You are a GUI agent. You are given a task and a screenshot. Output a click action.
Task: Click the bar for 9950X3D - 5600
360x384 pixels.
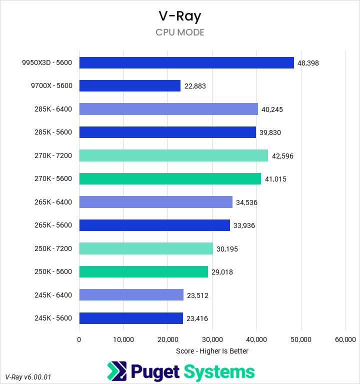tap(186, 62)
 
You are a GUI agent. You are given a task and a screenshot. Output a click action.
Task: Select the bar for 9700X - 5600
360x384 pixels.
tap(130, 86)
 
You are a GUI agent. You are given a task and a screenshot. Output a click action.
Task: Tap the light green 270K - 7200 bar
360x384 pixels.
tap(173, 155)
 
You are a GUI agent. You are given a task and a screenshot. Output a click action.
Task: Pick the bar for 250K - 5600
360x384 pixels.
tap(143, 272)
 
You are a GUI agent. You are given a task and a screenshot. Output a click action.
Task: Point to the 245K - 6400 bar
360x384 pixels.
tap(131, 295)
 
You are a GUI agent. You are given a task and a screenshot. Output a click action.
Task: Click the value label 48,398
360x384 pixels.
tap(308, 63)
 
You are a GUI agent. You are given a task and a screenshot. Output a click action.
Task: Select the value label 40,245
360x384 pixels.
tap(272, 109)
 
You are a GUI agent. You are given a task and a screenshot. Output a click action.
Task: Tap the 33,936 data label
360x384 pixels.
tap(244, 225)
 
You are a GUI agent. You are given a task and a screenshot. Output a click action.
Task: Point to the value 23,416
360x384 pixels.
tap(197, 318)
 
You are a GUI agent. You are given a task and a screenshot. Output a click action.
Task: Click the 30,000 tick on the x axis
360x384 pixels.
tap(212, 339)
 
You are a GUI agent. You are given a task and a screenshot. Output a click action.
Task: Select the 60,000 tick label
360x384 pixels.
tap(345, 339)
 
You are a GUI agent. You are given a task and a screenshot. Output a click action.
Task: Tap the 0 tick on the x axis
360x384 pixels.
tap(79, 339)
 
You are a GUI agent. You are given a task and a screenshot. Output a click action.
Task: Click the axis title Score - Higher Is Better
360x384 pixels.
tap(212, 351)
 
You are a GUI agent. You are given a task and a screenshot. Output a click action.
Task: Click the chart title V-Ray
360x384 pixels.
tap(180, 16)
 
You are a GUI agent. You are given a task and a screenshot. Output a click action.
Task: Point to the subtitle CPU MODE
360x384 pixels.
tap(180, 32)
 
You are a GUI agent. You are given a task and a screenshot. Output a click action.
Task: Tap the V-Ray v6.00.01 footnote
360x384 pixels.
tap(28, 376)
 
